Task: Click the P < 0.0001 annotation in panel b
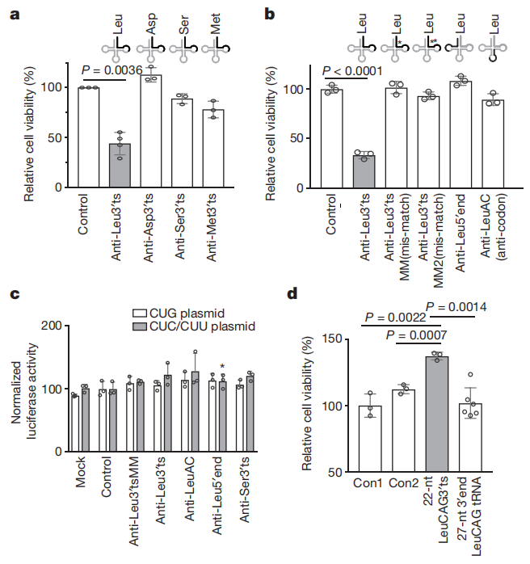(351, 72)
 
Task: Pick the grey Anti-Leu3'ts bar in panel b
(364, 171)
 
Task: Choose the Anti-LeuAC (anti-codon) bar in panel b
(494, 145)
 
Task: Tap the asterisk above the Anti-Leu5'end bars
(221, 366)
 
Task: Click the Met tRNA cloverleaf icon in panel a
(213, 49)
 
